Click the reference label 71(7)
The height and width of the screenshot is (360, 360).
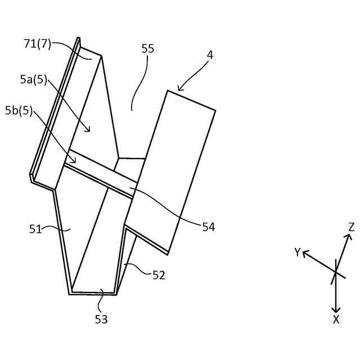pyautogui.click(x=38, y=44)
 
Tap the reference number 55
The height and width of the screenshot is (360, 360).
pyautogui.click(x=148, y=49)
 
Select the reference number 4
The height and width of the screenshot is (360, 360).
pyautogui.click(x=210, y=55)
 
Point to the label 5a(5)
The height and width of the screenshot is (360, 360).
pyautogui.click(x=33, y=80)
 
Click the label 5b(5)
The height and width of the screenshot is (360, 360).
pyautogui.click(x=19, y=110)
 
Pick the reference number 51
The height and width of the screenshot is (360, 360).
pyautogui.click(x=36, y=228)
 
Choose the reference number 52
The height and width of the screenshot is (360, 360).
pyautogui.click(x=159, y=275)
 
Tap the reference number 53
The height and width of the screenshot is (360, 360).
pyautogui.click(x=101, y=319)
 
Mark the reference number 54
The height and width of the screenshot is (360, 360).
pyautogui.click(x=209, y=227)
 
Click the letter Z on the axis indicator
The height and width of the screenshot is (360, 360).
pyautogui.click(x=351, y=227)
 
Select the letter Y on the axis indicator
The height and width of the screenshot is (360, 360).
pyautogui.click(x=298, y=253)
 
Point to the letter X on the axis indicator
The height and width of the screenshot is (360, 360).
pyautogui.click(x=336, y=319)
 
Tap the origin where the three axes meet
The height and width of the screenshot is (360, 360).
pyautogui.click(x=336, y=273)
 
